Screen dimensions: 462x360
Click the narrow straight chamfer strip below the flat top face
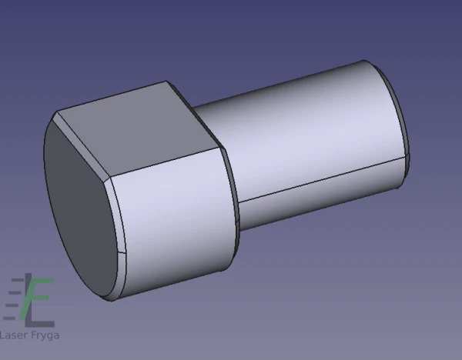pyautogui.click(x=82, y=145)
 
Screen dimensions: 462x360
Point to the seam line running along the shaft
pyautogui.click(x=322, y=179)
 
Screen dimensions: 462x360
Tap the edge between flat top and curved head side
pyautogui.click(x=166, y=162)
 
